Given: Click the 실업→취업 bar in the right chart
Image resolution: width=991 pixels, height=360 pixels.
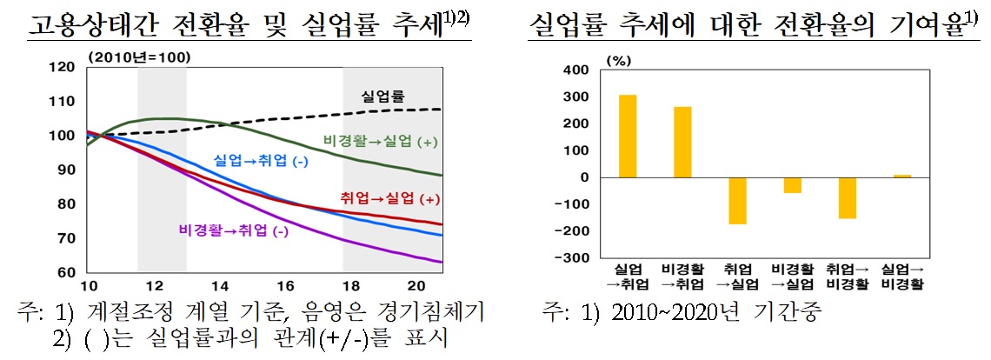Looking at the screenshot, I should pyautogui.click(x=628, y=136).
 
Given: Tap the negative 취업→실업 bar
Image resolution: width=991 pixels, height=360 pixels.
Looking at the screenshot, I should pyautogui.click(x=738, y=201).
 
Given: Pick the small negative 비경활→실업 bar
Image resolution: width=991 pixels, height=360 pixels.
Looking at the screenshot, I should pyautogui.click(x=792, y=185).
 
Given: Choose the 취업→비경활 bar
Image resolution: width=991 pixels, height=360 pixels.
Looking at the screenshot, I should pyautogui.click(x=847, y=198).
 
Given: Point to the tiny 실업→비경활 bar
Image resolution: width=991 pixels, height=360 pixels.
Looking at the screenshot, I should pyautogui.click(x=902, y=176).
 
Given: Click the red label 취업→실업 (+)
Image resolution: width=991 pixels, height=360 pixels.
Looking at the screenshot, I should pyautogui.click(x=378, y=199).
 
